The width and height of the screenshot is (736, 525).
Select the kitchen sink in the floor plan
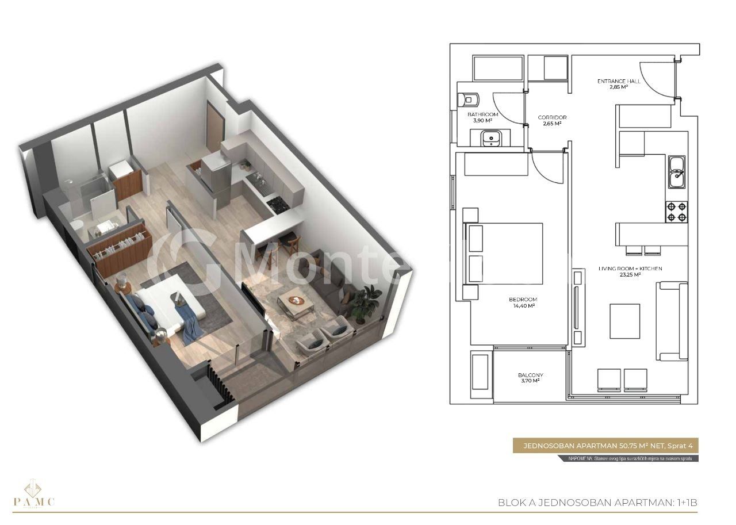[x=677, y=172]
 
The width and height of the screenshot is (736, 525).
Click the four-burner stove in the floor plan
[x=677, y=212]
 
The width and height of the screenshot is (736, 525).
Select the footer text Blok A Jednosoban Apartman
[x=597, y=503]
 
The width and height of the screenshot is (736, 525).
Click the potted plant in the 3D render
[x=366, y=301]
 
